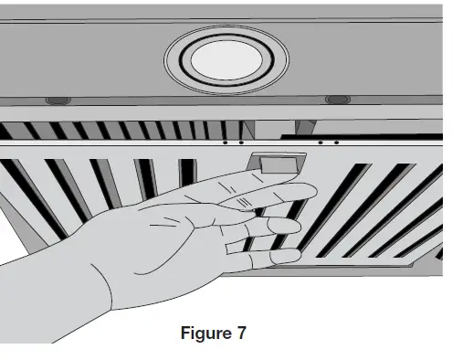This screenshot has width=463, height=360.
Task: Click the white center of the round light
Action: click(x=226, y=61)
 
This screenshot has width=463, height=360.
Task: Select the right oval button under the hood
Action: click(x=337, y=98)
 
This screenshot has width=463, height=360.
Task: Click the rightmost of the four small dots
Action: click(x=336, y=142)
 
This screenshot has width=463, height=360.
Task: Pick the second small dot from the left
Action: click(x=239, y=142)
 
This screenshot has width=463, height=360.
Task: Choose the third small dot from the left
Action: click(x=322, y=142)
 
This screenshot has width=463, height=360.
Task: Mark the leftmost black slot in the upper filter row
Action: click(x=26, y=128)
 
